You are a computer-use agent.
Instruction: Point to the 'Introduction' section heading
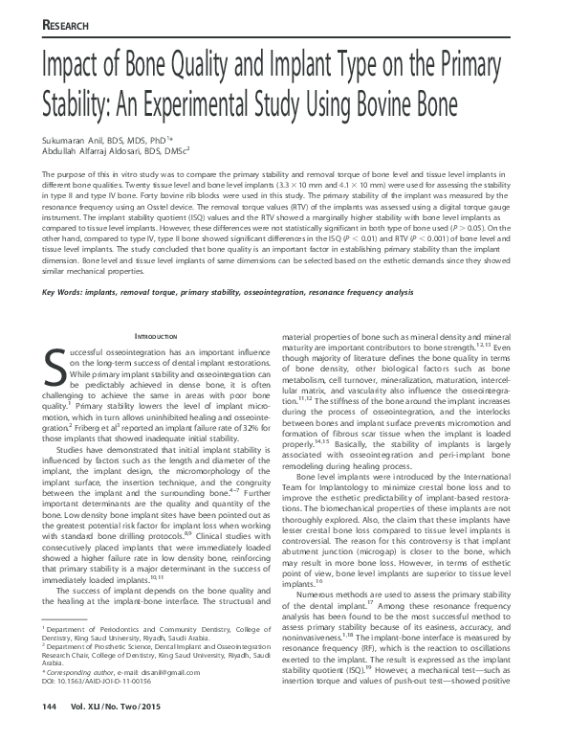[x=155, y=337]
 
